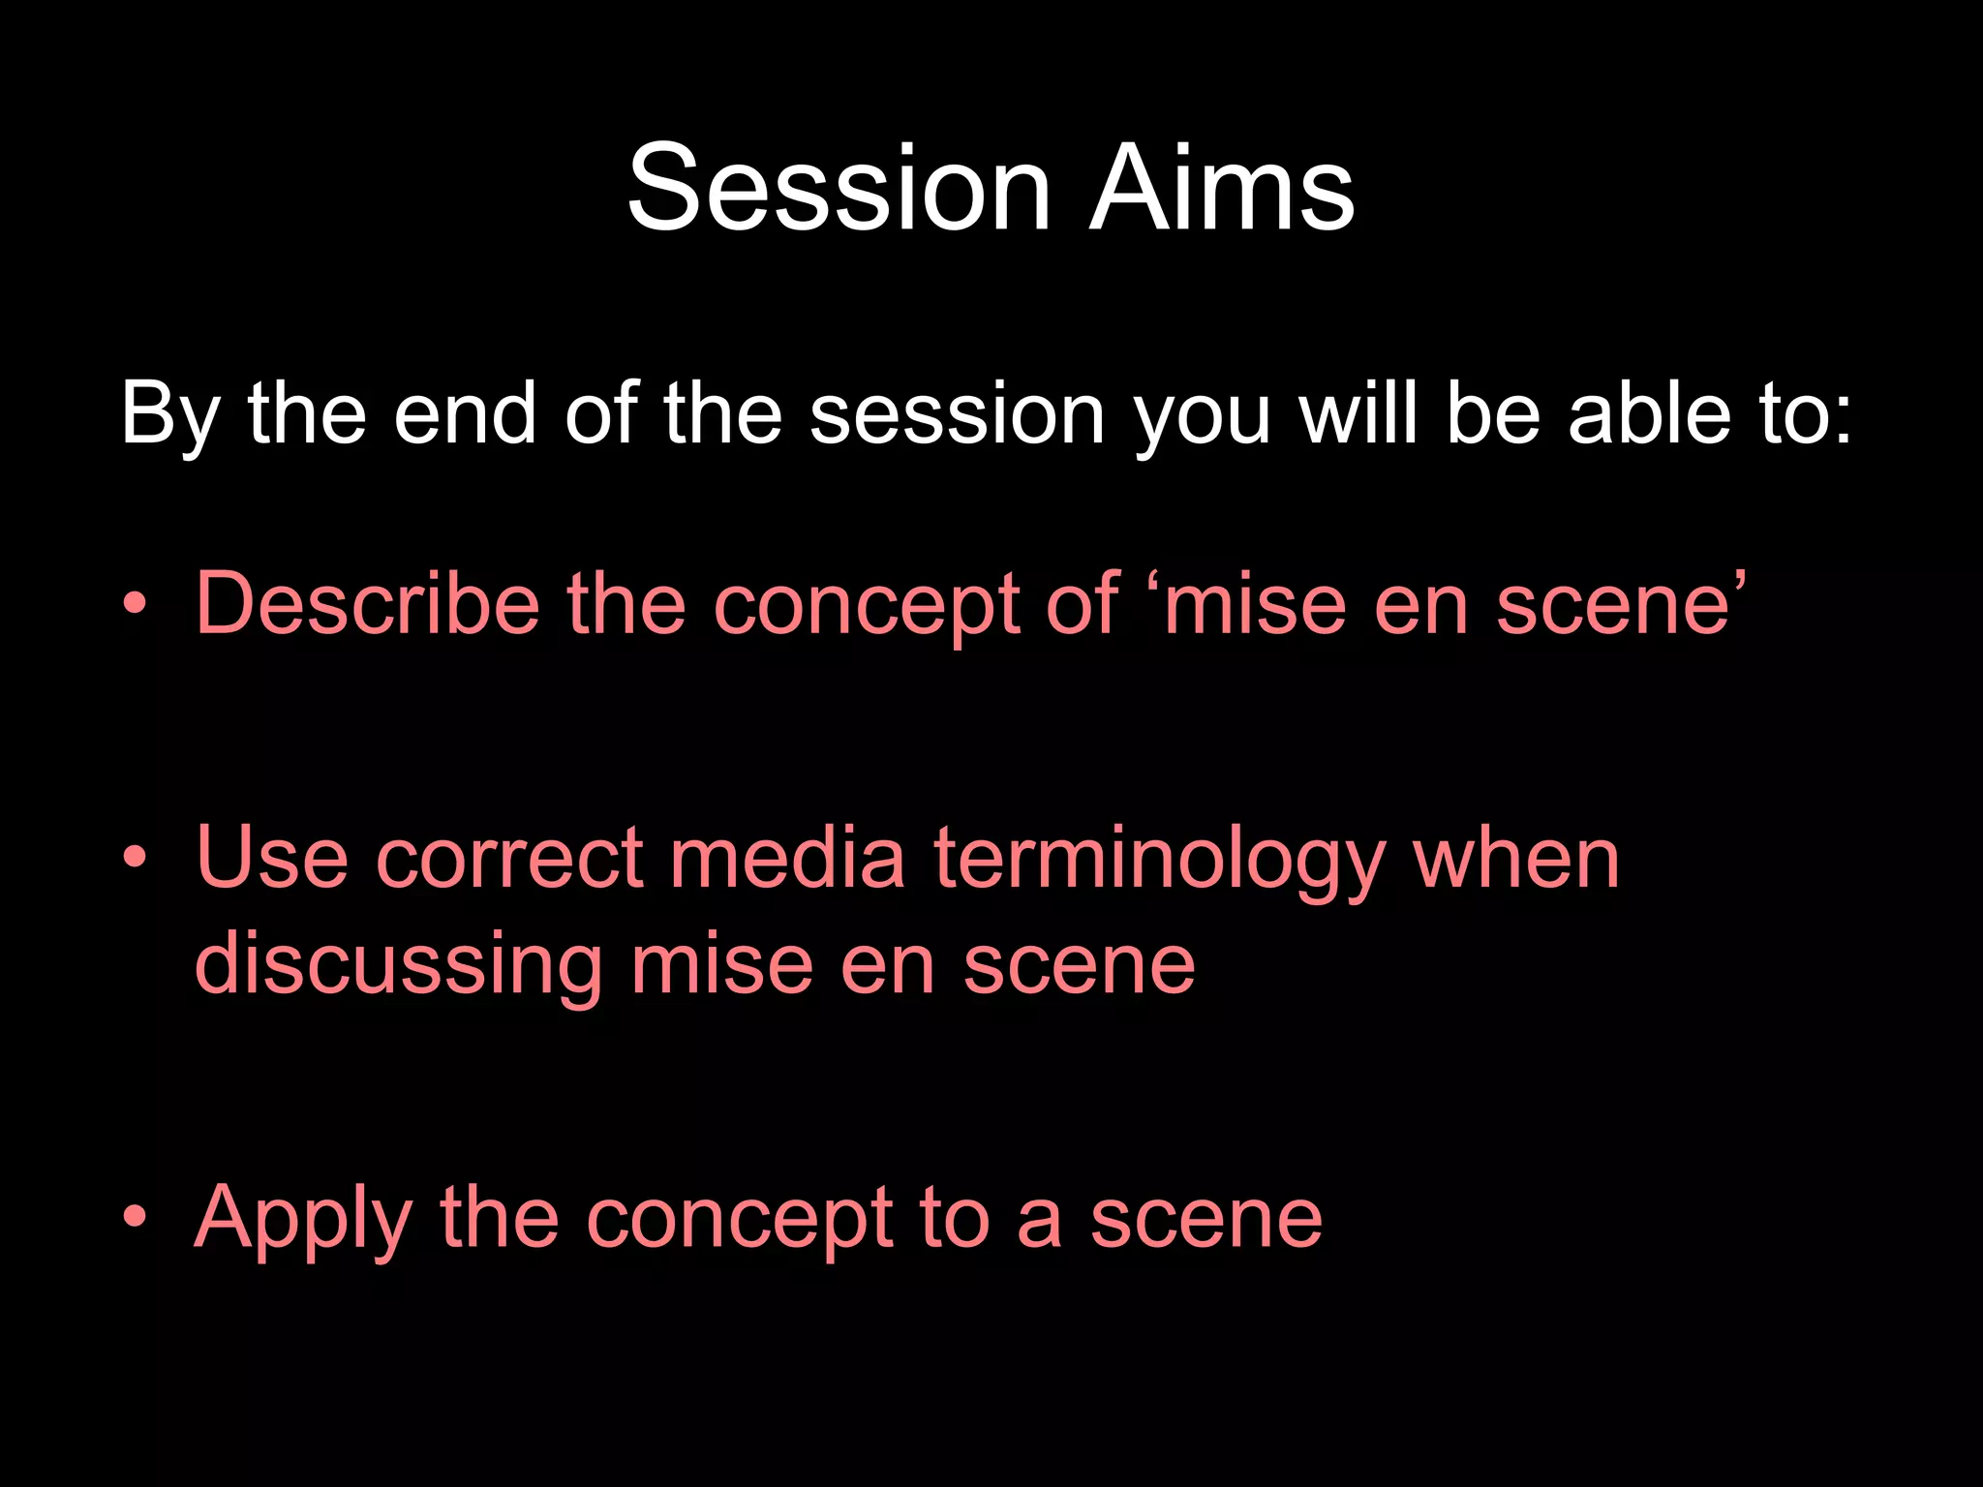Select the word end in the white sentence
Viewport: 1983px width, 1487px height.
point(465,414)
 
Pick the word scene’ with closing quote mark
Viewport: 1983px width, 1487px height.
point(1621,605)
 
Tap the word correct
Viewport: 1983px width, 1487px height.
point(509,858)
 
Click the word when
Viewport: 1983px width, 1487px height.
point(1516,858)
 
